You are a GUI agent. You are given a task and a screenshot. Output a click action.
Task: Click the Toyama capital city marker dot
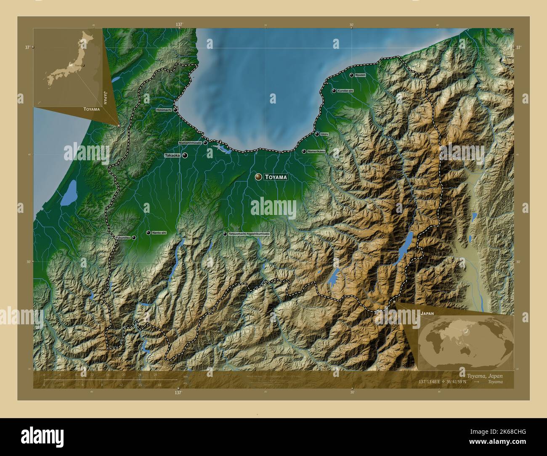click(x=258, y=177)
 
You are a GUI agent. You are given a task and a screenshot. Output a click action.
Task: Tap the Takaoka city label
click(x=172, y=155)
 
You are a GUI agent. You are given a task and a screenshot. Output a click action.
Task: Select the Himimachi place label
click(x=164, y=110)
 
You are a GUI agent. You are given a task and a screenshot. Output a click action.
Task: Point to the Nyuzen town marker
click(x=351, y=75)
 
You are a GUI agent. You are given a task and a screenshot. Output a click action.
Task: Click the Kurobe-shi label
click(x=345, y=90)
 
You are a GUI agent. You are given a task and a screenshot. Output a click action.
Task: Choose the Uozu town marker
click(x=317, y=134)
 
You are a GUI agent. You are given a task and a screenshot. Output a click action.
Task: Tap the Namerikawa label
click(x=316, y=151)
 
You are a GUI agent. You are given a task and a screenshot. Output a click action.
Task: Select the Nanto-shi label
click(x=159, y=233)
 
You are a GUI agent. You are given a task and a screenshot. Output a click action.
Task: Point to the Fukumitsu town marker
click(x=134, y=238)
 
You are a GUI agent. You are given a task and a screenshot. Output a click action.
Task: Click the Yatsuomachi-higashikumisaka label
click(x=249, y=233)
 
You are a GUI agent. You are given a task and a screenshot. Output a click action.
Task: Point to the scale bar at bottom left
click(x=101, y=380)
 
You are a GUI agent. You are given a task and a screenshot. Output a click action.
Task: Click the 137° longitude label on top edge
click(x=179, y=25)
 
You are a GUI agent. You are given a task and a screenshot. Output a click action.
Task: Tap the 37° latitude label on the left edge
click(x=27, y=48)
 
